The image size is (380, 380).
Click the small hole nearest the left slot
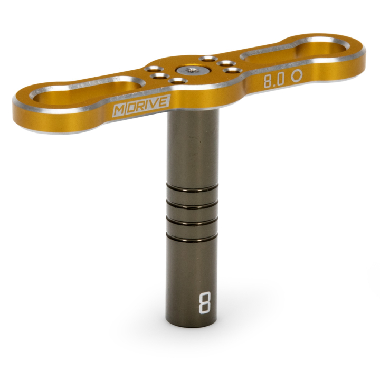(x=155, y=76)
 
